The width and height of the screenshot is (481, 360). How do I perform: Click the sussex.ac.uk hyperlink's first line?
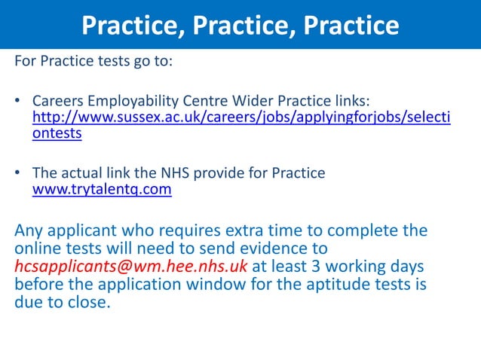click(241, 118)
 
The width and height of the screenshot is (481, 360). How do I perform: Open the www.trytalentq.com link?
click(102, 191)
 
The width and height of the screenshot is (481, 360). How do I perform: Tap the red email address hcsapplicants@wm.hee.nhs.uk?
click(131, 267)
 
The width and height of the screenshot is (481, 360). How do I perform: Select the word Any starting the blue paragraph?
click(29, 230)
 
